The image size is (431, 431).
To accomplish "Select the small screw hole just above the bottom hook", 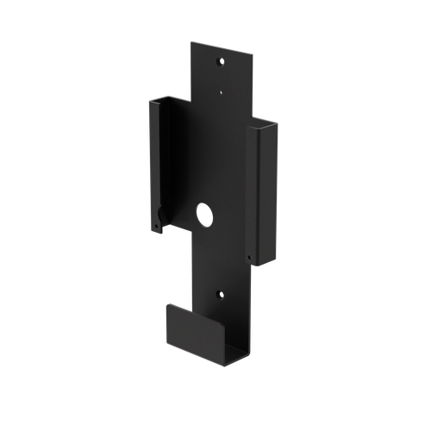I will tap(219, 294).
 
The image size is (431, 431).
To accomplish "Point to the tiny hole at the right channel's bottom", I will tap(248, 256).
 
